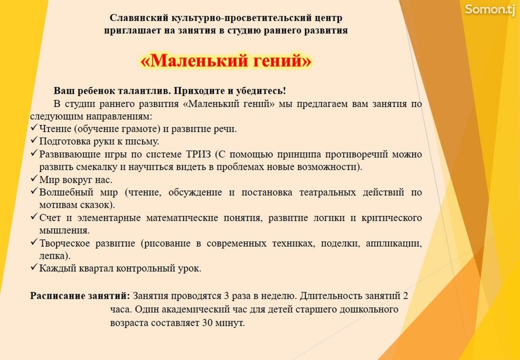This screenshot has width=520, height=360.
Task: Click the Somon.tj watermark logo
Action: pyautogui.click(x=490, y=10)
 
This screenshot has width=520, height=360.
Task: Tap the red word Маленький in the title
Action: pyautogui.click(x=195, y=61)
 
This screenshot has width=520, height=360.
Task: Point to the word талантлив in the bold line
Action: pyautogui.click(x=144, y=91)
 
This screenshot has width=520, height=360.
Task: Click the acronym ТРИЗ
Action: pyautogui.click(x=199, y=154)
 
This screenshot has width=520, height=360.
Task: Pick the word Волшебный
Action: pyautogui.click(x=66, y=192)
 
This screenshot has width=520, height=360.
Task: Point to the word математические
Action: pyautogui.click(x=182, y=218)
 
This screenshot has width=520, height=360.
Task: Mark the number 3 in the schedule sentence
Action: pyautogui.click(x=227, y=296)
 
